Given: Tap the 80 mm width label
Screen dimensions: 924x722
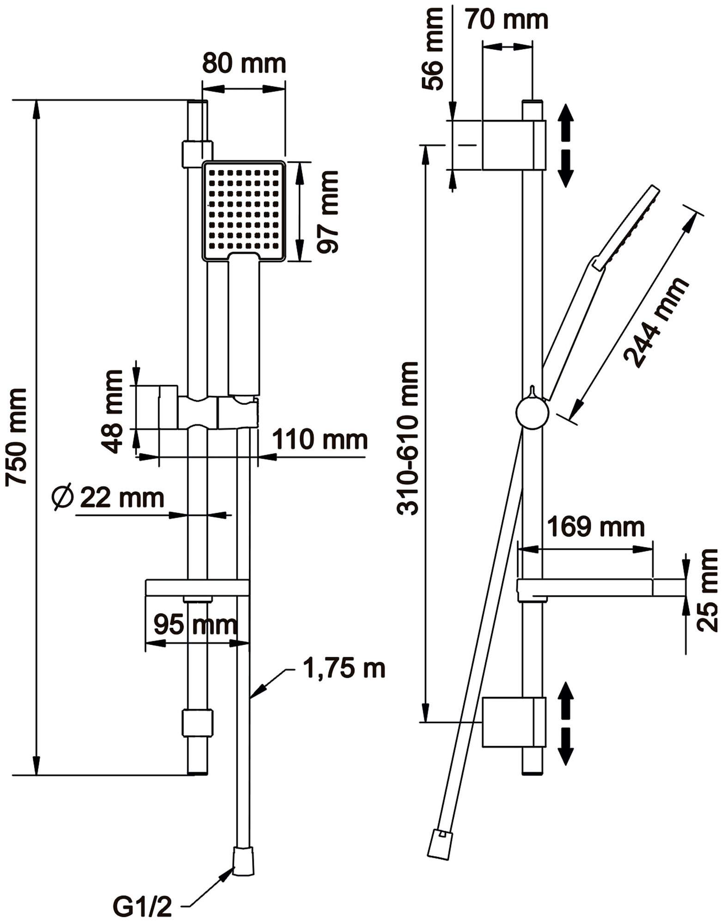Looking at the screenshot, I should click(x=244, y=63).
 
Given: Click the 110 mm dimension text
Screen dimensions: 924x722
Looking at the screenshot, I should click(x=320, y=439).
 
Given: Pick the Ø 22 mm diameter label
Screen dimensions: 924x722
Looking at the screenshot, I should click(x=108, y=498).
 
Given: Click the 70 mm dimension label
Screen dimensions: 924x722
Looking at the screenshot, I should click(x=507, y=20).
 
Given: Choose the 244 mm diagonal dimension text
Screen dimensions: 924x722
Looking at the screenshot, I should click(x=656, y=322).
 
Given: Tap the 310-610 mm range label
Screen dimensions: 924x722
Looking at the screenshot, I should click(x=408, y=438).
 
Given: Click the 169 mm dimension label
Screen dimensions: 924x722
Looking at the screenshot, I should click(x=595, y=527).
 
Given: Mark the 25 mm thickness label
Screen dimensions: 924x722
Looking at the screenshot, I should click(x=708, y=590).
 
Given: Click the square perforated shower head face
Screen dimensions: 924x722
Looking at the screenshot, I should click(x=244, y=210).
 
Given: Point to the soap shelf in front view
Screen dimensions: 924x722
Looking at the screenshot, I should click(x=197, y=588).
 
